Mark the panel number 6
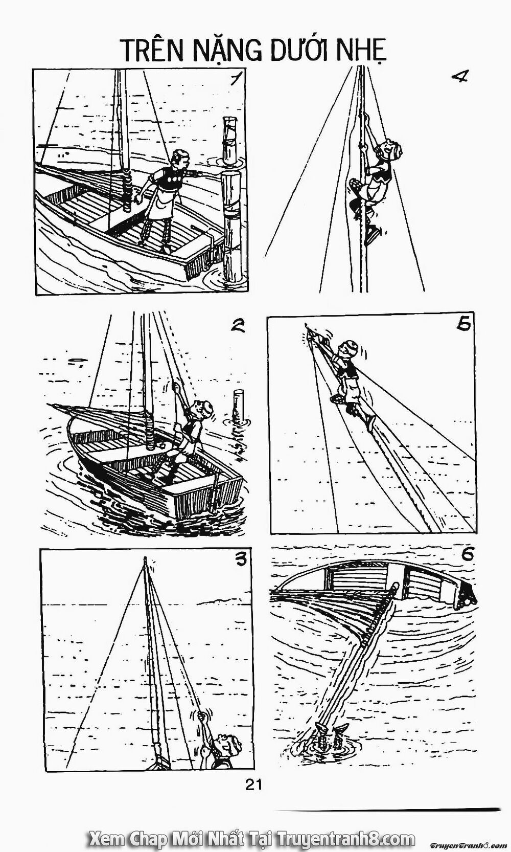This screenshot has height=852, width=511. tap(464, 553)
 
